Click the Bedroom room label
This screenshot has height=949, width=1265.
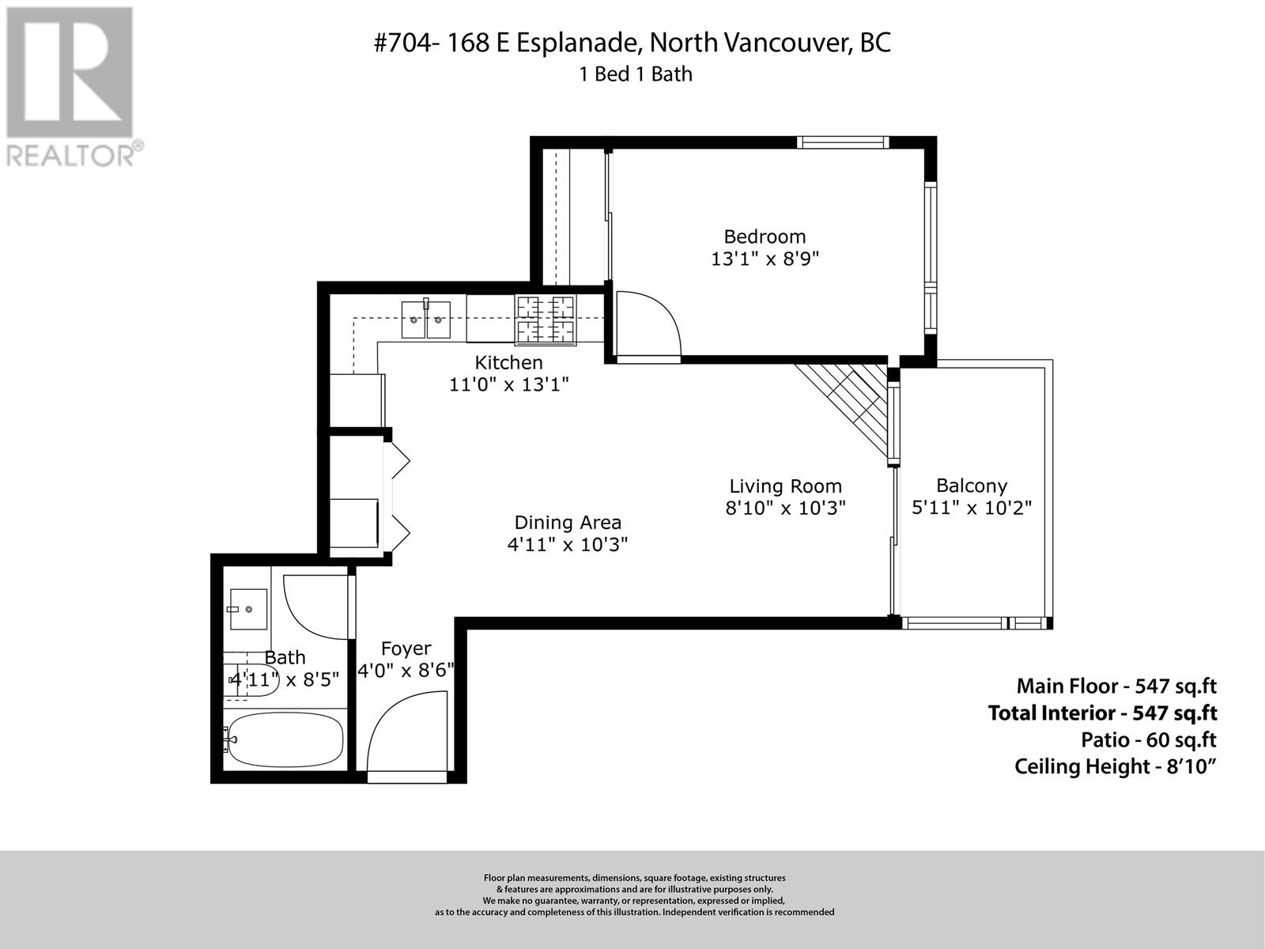point(765,236)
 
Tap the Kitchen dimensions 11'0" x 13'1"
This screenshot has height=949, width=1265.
point(509,384)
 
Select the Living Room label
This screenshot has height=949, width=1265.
point(786,486)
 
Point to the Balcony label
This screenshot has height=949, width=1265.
point(972,486)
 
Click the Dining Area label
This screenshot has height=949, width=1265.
point(568,523)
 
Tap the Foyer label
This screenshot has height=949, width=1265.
point(406,648)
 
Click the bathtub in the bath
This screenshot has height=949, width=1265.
point(284,740)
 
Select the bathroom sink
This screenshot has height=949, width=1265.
point(248,609)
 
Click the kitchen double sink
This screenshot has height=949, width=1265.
point(426,319)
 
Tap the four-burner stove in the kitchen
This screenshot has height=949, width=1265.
point(546,320)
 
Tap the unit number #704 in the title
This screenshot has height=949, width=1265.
point(403,43)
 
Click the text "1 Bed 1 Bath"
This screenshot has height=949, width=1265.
point(636,75)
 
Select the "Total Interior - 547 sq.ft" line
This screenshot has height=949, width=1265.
point(1102,713)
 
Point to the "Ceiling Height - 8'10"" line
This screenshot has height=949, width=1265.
point(1115,767)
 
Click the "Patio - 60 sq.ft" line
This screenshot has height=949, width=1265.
point(1149,740)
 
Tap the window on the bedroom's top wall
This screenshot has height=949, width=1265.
point(843,142)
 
